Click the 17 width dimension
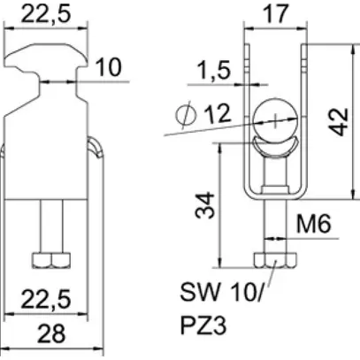(x=275, y=14)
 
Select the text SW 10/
(x=210, y=293)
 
